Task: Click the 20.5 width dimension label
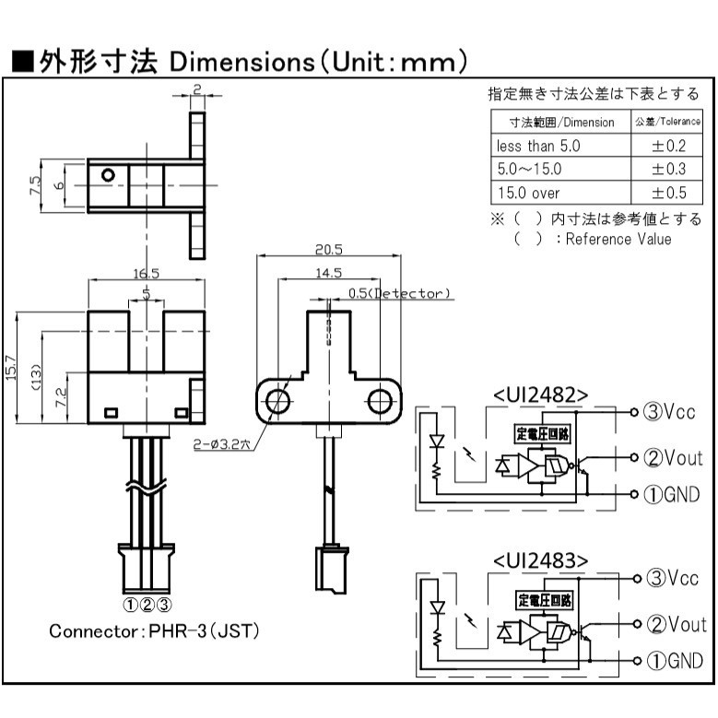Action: [x=327, y=250]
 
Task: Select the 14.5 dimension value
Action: [x=327, y=273]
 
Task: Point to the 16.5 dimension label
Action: [x=147, y=273]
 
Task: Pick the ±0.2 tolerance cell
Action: [x=670, y=146]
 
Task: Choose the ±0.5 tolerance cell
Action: [x=670, y=193]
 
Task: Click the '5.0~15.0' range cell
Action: [x=529, y=170]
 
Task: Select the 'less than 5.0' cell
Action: [x=538, y=146]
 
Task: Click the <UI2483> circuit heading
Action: [x=540, y=560]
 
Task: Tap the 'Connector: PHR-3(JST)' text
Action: [x=154, y=632]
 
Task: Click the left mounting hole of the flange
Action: [x=277, y=401]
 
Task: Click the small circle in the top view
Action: [x=109, y=174]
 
